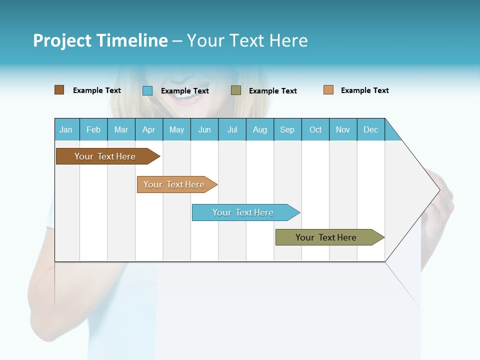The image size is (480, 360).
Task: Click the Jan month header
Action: (x=66, y=129)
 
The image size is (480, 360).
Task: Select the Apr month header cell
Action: (x=149, y=129)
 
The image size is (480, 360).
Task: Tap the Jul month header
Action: (x=232, y=129)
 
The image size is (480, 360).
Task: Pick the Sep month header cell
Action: (x=287, y=129)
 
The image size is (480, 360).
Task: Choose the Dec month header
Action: (x=370, y=129)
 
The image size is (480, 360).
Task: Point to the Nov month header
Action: (x=343, y=129)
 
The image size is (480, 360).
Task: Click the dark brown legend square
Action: (x=59, y=90)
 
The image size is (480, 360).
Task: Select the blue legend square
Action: (x=147, y=90)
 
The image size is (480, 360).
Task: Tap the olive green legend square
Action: (x=236, y=90)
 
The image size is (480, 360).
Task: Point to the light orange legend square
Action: (x=328, y=90)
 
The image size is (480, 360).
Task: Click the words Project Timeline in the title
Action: (x=100, y=40)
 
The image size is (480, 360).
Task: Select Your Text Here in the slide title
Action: (x=247, y=40)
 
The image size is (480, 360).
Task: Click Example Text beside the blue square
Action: (x=185, y=91)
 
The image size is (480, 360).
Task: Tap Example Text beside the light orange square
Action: (x=365, y=90)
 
